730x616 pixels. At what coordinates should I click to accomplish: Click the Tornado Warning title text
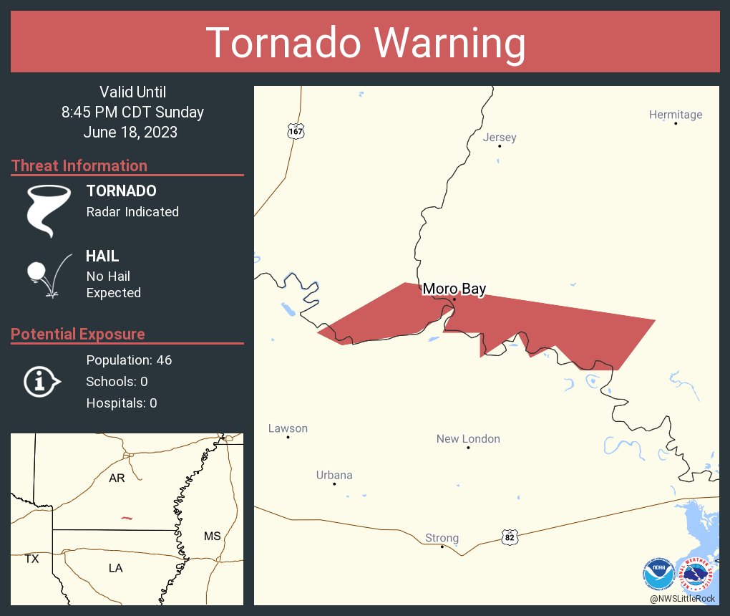(365, 43)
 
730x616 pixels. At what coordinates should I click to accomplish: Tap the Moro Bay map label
(454, 289)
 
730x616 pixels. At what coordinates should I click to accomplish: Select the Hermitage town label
(675, 115)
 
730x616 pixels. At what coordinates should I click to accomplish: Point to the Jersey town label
(500, 138)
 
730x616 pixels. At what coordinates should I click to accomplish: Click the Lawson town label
(288, 428)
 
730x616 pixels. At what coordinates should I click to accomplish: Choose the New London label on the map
(468, 439)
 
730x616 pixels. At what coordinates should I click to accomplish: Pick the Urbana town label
(334, 475)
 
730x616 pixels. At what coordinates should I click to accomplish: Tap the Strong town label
(442, 538)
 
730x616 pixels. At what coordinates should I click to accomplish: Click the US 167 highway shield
(296, 131)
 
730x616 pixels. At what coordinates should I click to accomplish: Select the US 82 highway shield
(509, 536)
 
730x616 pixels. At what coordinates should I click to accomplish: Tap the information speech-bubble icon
(42, 381)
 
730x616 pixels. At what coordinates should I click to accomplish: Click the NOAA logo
(658, 574)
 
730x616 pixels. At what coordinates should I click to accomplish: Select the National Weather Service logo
(699, 574)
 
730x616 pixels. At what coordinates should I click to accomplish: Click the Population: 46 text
(129, 360)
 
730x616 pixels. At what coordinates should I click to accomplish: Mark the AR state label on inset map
(117, 478)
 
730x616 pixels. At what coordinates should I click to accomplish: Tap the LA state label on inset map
(115, 568)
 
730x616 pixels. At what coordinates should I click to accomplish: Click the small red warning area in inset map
(127, 518)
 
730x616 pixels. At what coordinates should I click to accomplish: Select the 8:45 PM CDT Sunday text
(132, 112)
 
